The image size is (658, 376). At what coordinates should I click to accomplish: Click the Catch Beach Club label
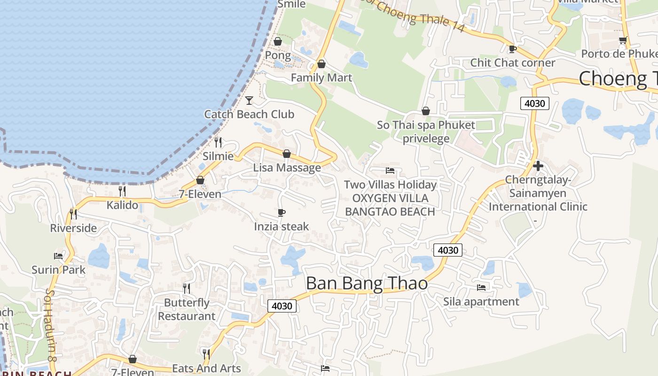click(249, 114)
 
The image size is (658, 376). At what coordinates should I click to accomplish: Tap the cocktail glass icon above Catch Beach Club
click(249, 100)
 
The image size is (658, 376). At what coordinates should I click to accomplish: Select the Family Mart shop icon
click(321, 64)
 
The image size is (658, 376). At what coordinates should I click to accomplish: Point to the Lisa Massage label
click(287, 168)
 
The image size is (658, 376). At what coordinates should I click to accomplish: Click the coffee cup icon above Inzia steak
click(281, 213)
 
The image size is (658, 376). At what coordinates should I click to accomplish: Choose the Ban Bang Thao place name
click(367, 283)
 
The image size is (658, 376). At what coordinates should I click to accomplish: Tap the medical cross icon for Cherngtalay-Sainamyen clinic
click(538, 166)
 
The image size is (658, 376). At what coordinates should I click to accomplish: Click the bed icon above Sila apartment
click(481, 287)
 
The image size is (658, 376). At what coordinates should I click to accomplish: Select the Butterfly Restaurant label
click(187, 309)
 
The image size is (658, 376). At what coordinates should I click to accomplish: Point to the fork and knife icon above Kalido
click(122, 191)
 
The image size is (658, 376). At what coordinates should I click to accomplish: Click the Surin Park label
click(58, 270)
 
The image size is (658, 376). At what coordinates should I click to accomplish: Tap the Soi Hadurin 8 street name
click(51, 325)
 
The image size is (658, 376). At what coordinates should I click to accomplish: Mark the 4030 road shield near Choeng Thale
click(535, 103)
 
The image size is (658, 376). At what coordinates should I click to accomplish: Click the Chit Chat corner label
click(512, 63)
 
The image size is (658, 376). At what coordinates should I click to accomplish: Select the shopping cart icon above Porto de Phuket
click(623, 40)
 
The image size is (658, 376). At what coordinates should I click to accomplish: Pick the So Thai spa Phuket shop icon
click(425, 111)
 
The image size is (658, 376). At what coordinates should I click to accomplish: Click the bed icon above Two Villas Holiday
click(390, 171)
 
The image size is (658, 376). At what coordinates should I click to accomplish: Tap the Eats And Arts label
click(206, 368)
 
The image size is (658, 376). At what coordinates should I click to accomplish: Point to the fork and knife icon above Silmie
click(218, 142)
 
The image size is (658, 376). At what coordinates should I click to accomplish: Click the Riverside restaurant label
click(73, 228)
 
